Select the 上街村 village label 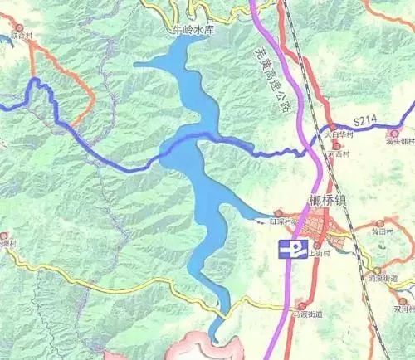click(324, 257)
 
